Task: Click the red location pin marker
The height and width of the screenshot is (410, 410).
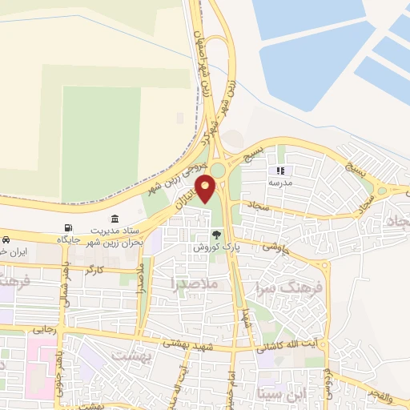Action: [207, 189]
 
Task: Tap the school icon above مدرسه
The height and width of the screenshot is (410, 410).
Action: [280, 171]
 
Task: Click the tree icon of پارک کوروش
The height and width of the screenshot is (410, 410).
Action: [215, 235]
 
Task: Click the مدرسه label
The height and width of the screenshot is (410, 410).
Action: [279, 183]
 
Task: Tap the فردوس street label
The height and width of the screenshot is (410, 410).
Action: [328, 381]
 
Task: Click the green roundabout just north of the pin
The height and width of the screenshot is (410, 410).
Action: [218, 170]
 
